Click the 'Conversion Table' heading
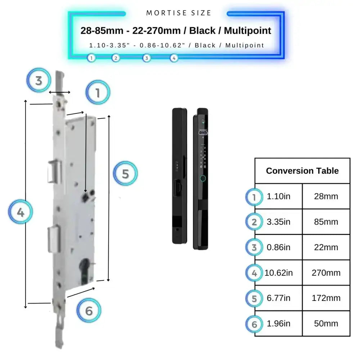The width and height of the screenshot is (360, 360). pos(302,171)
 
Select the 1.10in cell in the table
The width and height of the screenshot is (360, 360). pos(278,197)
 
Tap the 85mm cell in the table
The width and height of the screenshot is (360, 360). pos(326,222)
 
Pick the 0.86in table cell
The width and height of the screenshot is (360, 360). pos(278,247)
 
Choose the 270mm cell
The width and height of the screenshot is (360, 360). pos(326,273)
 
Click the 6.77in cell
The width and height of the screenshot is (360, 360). pos(278,298)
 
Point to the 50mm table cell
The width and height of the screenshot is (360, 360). pos(326,323)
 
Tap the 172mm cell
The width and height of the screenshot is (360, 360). pos(326,298)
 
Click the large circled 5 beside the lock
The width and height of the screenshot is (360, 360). pos(125,174)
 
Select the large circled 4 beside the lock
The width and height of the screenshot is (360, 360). pos(21,212)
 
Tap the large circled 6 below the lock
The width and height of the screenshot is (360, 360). pos(89,310)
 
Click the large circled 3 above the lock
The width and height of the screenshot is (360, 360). pos(39,80)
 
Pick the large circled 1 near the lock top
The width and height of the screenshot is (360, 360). pos(97,93)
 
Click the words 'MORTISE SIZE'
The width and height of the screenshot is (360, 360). pos(179,13)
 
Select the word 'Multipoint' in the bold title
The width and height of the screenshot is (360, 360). pos(247,31)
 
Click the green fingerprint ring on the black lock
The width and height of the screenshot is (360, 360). pos(203,178)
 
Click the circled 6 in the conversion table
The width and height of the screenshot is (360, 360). pos(255,324)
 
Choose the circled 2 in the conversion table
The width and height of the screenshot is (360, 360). pos(255,222)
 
